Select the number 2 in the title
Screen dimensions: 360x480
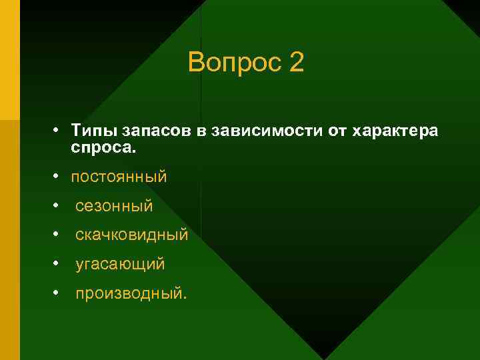coord(297,63)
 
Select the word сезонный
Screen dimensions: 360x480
coord(114,207)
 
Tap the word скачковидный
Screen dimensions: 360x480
coord(131,235)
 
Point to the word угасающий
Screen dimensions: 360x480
coord(120,265)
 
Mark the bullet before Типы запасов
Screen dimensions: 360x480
coord(59,130)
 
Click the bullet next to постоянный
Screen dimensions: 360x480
coord(59,177)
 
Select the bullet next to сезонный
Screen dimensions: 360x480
coord(59,206)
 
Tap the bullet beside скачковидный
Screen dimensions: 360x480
coord(59,235)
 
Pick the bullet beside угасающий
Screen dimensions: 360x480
coord(59,264)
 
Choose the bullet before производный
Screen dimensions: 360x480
coord(59,293)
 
